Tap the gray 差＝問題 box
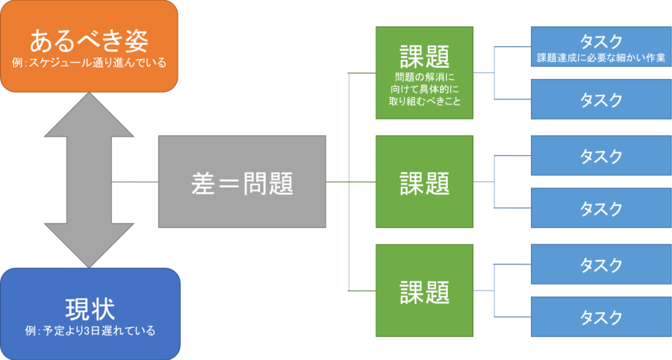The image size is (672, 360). tap(241, 181)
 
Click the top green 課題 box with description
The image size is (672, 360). tap(424, 72)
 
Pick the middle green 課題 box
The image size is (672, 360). tap(424, 181)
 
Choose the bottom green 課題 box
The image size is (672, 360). tap(424, 291)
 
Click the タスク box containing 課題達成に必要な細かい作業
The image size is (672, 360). tap(600, 46)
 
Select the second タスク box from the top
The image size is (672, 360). tap(600, 99)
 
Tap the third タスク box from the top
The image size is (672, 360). tap(600, 155)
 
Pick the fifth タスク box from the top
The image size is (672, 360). tap(600, 264)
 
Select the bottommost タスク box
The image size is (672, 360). tap(600, 317)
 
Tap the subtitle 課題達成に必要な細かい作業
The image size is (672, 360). tap(600, 57)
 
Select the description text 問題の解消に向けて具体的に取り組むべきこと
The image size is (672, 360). tap(424, 89)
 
